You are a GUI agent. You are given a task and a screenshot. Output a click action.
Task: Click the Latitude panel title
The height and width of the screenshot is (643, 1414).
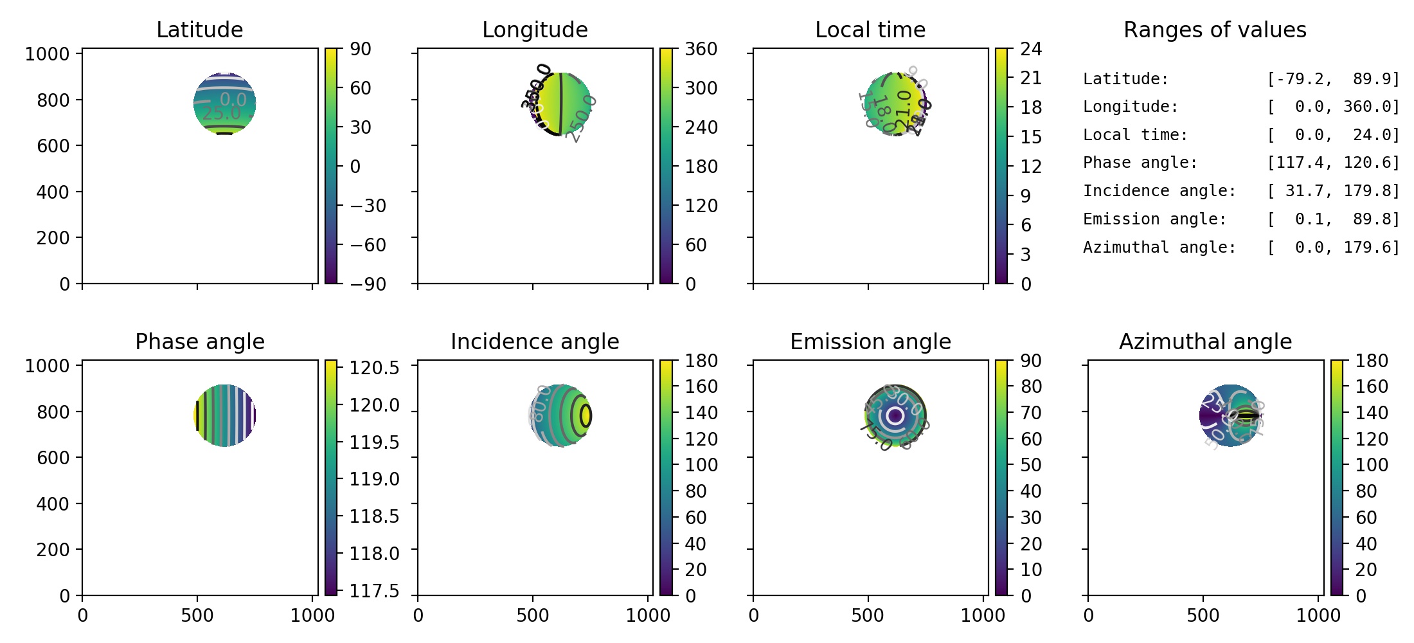tap(199, 30)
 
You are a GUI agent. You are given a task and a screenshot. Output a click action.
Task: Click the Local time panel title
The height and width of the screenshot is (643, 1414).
tap(870, 30)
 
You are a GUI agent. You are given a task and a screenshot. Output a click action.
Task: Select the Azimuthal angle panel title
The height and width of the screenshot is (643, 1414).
tap(1205, 341)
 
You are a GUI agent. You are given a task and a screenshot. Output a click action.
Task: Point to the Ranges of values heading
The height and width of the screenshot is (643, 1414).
tap(1215, 30)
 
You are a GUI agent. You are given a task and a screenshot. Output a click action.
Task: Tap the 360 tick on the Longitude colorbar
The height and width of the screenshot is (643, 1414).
tap(701, 49)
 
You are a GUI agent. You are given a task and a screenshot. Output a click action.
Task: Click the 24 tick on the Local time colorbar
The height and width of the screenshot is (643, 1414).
tap(1031, 49)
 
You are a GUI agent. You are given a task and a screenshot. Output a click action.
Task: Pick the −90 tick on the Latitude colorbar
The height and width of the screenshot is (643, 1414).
tap(368, 284)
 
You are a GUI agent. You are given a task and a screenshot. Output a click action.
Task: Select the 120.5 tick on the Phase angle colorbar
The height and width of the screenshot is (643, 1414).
tap(374, 368)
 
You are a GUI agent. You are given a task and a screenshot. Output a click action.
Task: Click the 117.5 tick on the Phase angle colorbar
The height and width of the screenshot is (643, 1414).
tap(374, 590)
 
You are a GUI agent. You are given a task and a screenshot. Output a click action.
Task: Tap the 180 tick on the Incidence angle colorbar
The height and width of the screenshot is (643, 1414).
tap(701, 361)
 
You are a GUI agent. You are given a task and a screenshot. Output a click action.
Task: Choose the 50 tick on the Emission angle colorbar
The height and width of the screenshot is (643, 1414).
tap(1031, 465)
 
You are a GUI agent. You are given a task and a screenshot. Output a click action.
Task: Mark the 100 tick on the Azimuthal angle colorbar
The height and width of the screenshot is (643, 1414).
tap(1372, 465)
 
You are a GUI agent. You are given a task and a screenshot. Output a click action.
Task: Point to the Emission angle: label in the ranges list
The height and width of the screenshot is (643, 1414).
tap(1154, 219)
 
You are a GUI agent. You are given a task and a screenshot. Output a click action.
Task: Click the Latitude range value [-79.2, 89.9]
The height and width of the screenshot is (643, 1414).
tap(1333, 79)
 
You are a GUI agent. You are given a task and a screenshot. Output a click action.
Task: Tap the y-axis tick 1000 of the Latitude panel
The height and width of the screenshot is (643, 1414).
tap(47, 54)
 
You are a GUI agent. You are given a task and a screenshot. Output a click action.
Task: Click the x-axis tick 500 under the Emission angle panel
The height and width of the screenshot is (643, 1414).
tap(868, 615)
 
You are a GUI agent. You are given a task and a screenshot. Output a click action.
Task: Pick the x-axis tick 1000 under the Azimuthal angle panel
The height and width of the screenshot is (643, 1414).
tap(1318, 615)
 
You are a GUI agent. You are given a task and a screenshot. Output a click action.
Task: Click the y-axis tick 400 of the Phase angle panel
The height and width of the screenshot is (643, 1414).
tap(53, 503)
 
